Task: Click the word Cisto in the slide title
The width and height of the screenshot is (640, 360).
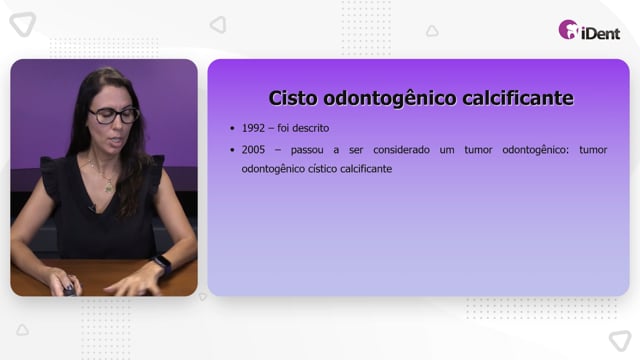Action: [x=293, y=98]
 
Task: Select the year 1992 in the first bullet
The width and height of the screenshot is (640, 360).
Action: [x=253, y=128]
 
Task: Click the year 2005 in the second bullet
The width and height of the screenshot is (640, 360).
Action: [x=253, y=150]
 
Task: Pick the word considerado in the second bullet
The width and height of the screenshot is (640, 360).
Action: [x=401, y=150]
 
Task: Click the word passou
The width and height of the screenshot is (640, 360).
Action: [x=307, y=150]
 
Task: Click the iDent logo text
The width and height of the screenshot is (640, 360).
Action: [x=600, y=33]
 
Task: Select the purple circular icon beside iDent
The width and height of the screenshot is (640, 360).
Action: [x=568, y=30]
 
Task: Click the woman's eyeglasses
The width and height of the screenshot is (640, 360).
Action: [x=114, y=116]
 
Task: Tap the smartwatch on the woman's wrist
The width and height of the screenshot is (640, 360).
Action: [x=163, y=264]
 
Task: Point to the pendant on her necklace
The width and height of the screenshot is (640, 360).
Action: [x=109, y=188]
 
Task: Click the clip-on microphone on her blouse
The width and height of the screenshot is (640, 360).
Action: [x=92, y=208]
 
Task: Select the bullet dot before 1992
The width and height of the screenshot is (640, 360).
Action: [x=232, y=129]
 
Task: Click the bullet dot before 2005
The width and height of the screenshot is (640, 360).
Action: [x=232, y=150]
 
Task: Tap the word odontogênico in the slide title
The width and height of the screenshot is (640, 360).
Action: [x=390, y=99]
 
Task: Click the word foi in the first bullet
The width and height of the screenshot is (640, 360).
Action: [x=283, y=128]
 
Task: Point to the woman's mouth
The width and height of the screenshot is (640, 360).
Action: [x=117, y=142]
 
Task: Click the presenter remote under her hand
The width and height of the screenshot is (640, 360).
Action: [x=69, y=289]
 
